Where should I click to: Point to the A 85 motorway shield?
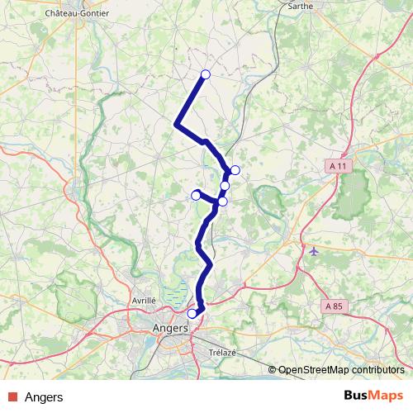tap(334, 306)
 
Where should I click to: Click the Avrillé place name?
tap(144, 301)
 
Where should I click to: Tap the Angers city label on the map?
tap(171, 328)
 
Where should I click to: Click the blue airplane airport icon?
tap(312, 249)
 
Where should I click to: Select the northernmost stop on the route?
tap(206, 75)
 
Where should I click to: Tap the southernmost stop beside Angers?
tap(192, 313)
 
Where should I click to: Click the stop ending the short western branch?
tap(196, 194)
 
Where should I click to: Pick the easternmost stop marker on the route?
tap(235, 170)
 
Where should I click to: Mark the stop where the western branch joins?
tap(222, 202)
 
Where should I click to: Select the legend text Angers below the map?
tap(44, 397)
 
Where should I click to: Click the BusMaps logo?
tap(374, 396)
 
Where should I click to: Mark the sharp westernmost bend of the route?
tap(177, 125)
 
